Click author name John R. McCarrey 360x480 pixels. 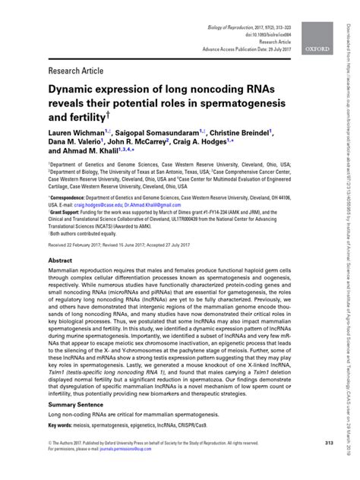(150, 142)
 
